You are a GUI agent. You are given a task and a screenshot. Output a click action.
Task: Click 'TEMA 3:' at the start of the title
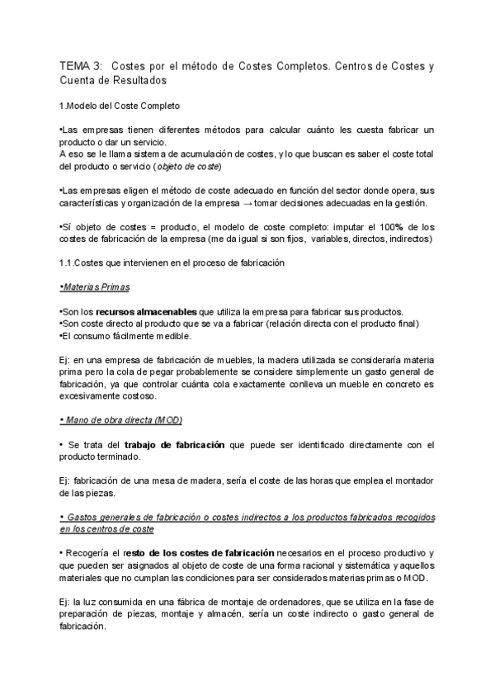(x=81, y=65)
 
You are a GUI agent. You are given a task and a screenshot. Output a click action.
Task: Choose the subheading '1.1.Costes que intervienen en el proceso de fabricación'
(x=172, y=262)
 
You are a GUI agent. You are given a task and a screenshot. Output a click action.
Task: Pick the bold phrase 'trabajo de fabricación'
(x=179, y=445)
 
